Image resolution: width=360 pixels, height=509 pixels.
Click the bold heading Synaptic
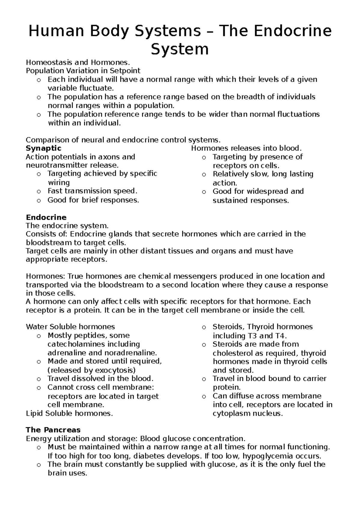(43, 148)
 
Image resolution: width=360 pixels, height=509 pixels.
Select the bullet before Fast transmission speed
(38, 192)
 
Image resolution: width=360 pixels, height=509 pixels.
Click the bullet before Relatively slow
(204, 175)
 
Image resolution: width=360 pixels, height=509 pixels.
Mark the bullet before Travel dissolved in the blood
(38, 379)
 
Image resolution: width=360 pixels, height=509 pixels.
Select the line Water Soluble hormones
(70, 326)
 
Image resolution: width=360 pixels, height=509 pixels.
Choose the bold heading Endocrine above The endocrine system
(46, 217)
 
